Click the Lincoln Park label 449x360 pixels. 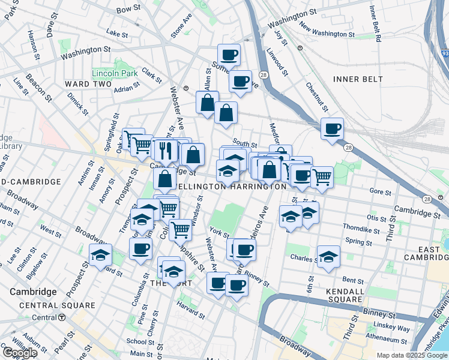[115, 73]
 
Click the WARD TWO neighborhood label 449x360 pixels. [88, 83]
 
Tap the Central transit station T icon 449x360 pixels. [62, 317]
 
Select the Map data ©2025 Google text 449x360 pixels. [411, 355]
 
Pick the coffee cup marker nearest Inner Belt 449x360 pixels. [332, 128]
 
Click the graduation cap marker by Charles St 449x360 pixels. [328, 256]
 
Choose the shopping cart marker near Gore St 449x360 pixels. [322, 176]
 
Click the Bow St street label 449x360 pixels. [127, 10]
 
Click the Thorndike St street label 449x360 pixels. [360, 229]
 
